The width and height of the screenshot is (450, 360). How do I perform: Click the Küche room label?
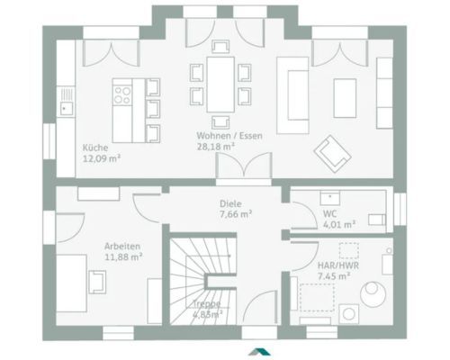95,148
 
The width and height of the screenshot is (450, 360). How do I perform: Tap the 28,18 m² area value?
215,147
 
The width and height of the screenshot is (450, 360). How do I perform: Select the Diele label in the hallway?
230,203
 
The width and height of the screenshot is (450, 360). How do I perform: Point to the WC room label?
329,214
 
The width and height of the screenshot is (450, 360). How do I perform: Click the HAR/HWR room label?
338,265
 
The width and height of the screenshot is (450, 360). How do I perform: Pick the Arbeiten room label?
122,247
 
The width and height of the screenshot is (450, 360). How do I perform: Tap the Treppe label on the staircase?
207,303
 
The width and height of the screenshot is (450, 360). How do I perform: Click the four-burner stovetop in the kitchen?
122,95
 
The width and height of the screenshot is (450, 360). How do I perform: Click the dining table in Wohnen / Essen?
220,85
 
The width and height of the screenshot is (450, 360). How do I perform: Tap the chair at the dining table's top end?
220,47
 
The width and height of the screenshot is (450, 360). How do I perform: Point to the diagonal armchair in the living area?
332,154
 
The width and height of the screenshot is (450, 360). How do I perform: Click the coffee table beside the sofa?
345,98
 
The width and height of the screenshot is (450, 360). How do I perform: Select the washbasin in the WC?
330,198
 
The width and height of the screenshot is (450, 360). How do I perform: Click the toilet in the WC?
377,220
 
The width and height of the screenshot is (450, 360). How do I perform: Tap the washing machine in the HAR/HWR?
348,314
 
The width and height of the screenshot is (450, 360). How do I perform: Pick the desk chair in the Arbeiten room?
97,282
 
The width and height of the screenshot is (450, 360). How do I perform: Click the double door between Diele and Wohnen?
244,166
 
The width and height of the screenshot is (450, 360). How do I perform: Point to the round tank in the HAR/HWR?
373,293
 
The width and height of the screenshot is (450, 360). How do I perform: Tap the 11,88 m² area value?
123,257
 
